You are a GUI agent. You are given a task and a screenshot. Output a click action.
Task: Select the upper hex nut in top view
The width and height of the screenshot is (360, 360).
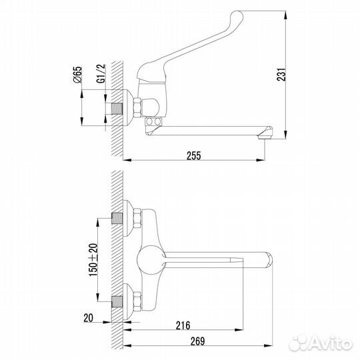point(137,218)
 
